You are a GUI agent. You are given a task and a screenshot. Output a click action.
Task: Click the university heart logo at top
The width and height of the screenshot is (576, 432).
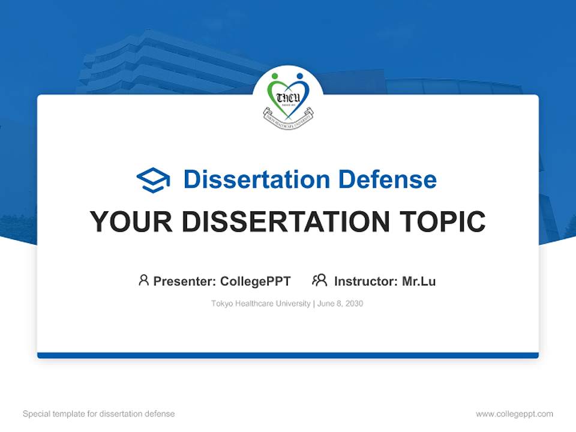pos(288,96)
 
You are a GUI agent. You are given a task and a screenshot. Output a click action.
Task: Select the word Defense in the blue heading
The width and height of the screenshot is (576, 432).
pos(387,179)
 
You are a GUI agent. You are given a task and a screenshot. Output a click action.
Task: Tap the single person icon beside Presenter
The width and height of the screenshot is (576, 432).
pos(143,280)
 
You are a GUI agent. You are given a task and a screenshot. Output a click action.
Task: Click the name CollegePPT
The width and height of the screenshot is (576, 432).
pos(256,281)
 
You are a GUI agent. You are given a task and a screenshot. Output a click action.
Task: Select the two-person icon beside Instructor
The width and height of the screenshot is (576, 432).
pos(320,280)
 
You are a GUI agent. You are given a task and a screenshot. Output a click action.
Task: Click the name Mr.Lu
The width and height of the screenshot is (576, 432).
pos(419,281)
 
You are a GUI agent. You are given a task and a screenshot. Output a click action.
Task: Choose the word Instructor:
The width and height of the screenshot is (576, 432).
pos(366,281)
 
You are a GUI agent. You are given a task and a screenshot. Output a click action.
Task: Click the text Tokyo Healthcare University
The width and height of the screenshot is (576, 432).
pos(260,304)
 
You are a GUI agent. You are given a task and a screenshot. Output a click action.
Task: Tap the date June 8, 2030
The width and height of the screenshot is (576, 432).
pos(340,304)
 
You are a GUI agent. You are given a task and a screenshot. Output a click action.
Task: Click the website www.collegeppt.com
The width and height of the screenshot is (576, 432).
pos(514,414)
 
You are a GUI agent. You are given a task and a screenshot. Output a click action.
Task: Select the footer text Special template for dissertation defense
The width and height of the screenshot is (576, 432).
pos(99,414)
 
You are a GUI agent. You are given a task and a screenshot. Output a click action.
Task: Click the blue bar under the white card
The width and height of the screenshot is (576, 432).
pos(288,355)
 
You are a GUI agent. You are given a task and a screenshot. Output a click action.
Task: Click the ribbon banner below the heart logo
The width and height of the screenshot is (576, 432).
pos(288,115)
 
